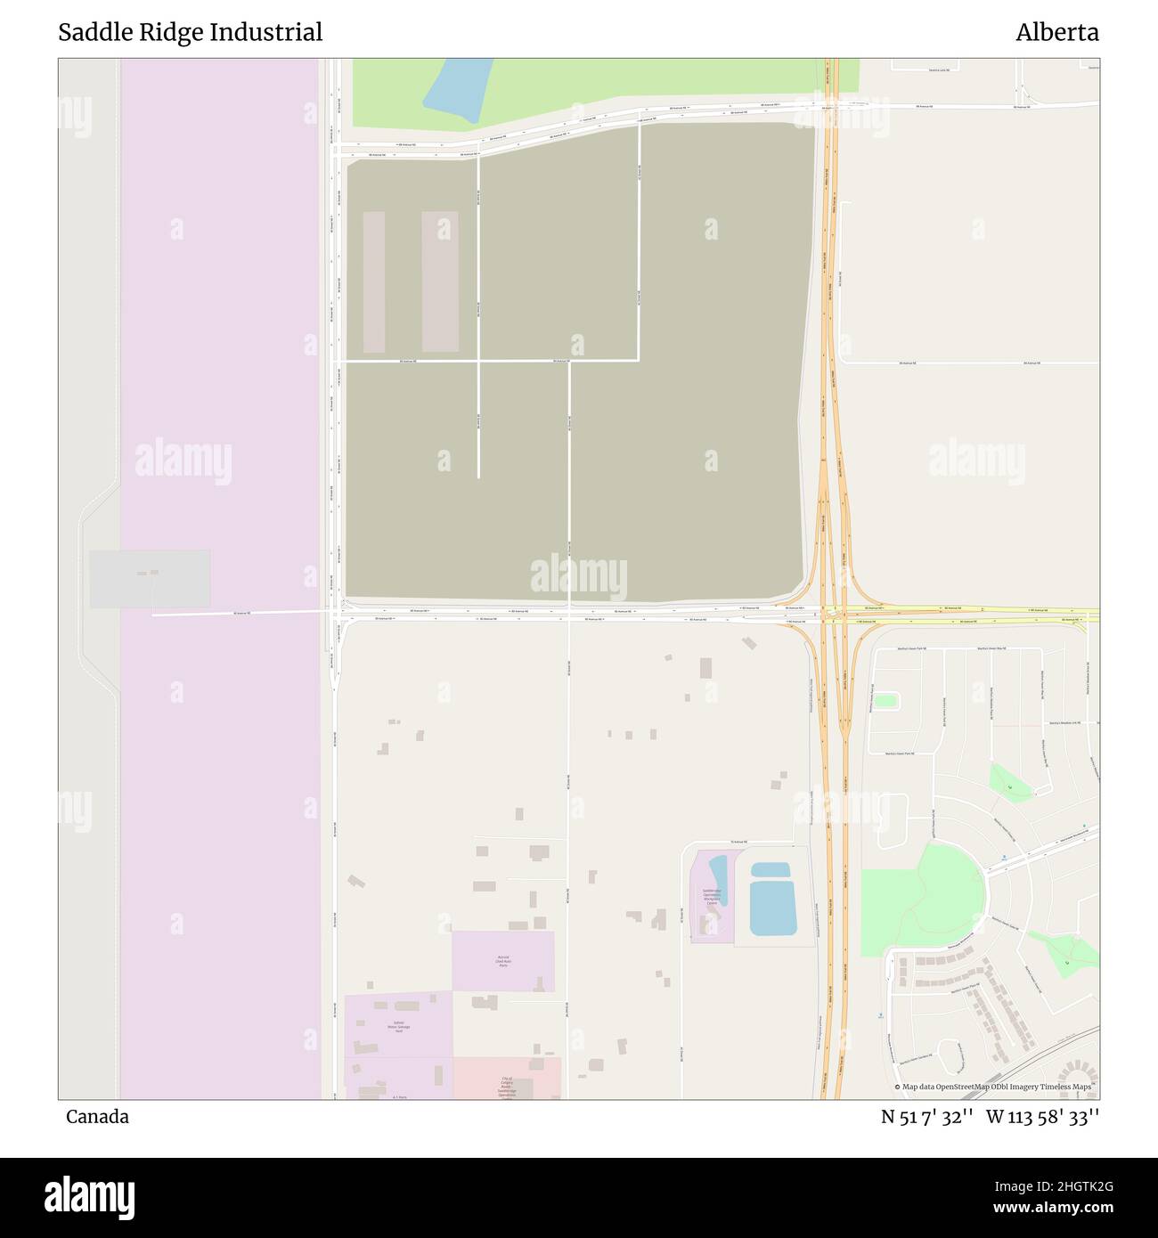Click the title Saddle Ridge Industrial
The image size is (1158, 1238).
(x=190, y=33)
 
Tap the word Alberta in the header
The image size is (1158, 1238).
(x=1056, y=33)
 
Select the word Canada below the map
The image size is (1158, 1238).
(x=97, y=1117)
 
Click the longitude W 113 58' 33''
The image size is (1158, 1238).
(x=1042, y=1117)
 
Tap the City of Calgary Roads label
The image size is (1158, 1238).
(x=507, y=1086)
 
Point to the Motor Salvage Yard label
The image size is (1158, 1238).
(x=397, y=1026)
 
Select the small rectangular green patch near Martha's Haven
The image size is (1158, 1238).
(x=885, y=701)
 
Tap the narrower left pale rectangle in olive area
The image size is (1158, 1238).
(x=374, y=281)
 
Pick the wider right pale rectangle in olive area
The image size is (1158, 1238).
(x=440, y=281)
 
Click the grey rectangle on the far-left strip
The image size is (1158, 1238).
(x=150, y=579)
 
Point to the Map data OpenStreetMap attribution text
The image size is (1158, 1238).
(x=992, y=1087)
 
